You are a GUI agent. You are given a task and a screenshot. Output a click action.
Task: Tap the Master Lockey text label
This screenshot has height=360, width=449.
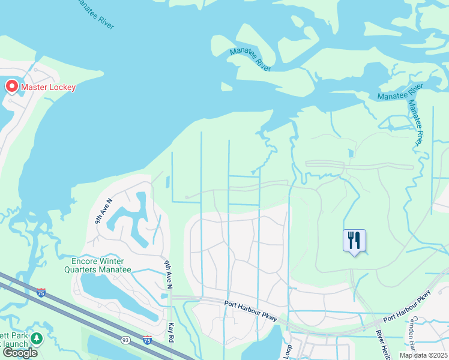(x=49, y=88)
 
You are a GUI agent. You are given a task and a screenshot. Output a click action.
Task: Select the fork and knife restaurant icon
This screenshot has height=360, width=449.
(x=354, y=241)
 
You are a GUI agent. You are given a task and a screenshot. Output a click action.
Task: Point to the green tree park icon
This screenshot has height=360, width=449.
(x=37, y=338)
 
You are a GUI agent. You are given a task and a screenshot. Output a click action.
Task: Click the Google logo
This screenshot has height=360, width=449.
(x=19, y=353)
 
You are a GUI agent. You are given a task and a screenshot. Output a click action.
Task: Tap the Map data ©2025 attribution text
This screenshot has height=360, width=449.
(x=423, y=355)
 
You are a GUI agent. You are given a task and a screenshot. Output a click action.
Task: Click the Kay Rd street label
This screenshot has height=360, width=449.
(x=171, y=333)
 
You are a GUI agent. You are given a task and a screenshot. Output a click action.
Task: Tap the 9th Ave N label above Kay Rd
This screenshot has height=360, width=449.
(x=168, y=272)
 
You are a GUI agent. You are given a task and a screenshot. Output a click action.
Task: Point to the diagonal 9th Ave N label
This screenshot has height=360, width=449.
(x=103, y=211)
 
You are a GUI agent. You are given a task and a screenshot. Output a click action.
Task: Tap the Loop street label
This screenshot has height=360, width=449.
(x=288, y=352)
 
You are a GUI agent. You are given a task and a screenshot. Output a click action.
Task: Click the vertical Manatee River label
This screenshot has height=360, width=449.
(x=415, y=122)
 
